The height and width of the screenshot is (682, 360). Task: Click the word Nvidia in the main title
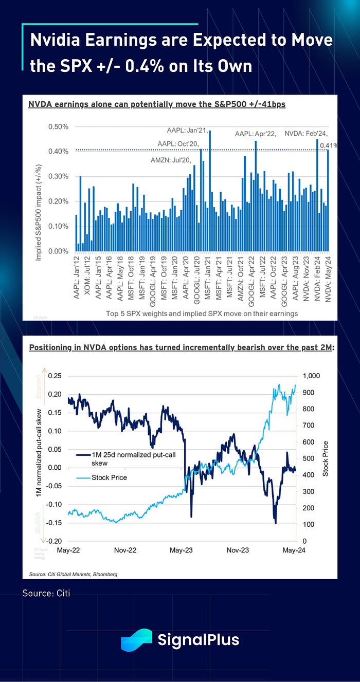[x=61, y=41]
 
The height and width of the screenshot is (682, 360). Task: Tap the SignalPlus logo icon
[x=137, y=640]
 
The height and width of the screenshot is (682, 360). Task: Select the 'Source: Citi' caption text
[x=46, y=593]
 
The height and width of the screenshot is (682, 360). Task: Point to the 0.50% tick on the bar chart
[x=58, y=127]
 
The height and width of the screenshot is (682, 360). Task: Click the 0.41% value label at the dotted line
[x=329, y=145]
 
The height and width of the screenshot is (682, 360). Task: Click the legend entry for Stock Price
[x=109, y=477]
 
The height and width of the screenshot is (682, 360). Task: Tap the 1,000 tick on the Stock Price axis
[x=313, y=376]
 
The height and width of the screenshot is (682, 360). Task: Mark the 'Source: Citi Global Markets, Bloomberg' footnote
[x=73, y=574]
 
